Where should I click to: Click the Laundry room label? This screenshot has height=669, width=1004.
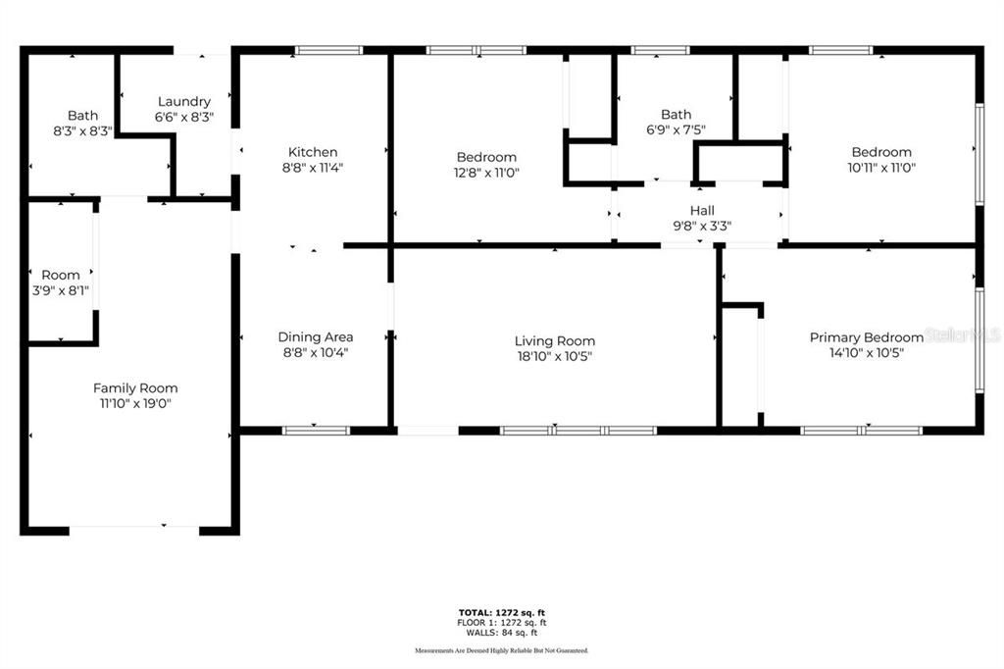pyautogui.click(x=184, y=101)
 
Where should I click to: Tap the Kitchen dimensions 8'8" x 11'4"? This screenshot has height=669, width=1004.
pyautogui.click(x=313, y=168)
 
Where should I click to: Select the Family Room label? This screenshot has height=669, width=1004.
pyautogui.click(x=135, y=387)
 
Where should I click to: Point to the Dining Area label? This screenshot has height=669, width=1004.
pyautogui.click(x=315, y=336)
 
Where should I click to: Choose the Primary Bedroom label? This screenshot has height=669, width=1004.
pyautogui.click(x=866, y=336)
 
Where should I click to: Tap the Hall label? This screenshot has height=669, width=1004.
pyautogui.click(x=702, y=210)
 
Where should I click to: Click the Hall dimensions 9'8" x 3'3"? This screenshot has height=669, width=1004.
pyautogui.click(x=702, y=225)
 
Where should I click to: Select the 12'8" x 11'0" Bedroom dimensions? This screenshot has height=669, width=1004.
pyautogui.click(x=486, y=173)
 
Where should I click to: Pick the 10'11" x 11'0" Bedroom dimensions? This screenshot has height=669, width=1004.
pyautogui.click(x=880, y=168)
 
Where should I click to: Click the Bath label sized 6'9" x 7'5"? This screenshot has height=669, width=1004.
pyautogui.click(x=676, y=115)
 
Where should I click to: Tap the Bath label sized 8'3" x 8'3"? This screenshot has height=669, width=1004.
pyautogui.click(x=82, y=115)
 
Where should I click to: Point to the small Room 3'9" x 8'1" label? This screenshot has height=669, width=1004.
pyautogui.click(x=61, y=275)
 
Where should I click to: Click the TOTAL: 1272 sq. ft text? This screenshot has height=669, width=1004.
pyautogui.click(x=502, y=613)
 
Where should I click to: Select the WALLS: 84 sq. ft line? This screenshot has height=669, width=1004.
pyautogui.click(x=502, y=633)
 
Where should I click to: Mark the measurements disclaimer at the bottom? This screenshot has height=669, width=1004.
pyautogui.click(x=502, y=650)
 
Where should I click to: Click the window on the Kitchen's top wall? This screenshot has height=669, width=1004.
pyautogui.click(x=328, y=50)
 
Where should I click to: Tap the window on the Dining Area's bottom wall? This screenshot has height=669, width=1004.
pyautogui.click(x=316, y=430)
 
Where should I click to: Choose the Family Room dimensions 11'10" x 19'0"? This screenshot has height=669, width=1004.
pyautogui.click(x=135, y=403)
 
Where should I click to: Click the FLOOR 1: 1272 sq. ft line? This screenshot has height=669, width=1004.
pyautogui.click(x=502, y=623)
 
